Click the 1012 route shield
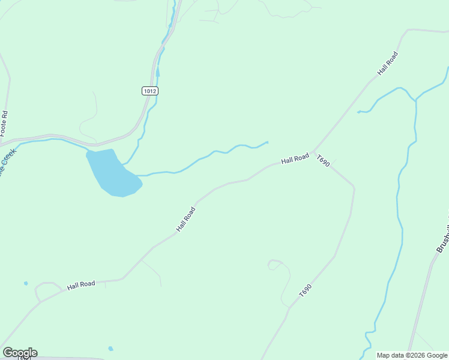(x=150, y=91)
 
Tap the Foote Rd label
(x=4, y=122)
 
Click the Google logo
(x=20, y=353)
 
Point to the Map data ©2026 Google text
(x=412, y=355)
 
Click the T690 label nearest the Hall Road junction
(x=324, y=161)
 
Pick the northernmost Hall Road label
(x=388, y=63)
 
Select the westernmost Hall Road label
(x=81, y=285)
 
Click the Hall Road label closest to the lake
(x=186, y=220)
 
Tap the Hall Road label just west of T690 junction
(x=295, y=159)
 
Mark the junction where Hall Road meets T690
(x=313, y=152)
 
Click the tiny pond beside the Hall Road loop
(x=26, y=283)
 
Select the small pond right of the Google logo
(x=110, y=349)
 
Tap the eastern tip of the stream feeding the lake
(x=267, y=142)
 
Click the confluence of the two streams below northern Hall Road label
(x=415, y=100)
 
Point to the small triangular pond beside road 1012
(x=158, y=73)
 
